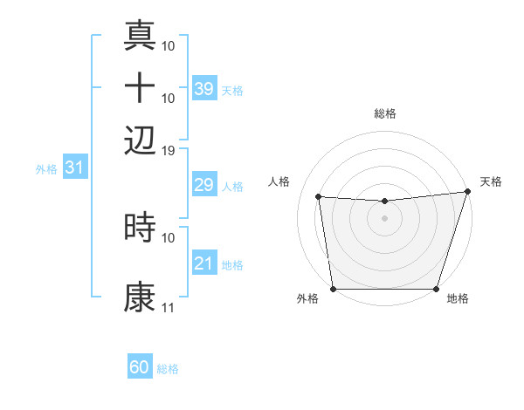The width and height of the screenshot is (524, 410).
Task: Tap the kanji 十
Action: click(140, 88)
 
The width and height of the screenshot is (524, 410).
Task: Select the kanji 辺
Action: click(140, 138)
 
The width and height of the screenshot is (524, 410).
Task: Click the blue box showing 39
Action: click(203, 88)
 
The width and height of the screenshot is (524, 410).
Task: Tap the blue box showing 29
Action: click(203, 185)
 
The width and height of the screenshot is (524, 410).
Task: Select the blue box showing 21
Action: click(203, 263)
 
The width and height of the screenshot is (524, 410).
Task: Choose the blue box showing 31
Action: click(73, 168)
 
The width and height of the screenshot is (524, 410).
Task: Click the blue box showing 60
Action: click(140, 367)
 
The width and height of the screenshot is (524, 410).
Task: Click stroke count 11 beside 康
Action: click(169, 308)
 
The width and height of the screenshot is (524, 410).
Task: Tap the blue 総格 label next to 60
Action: click(168, 369)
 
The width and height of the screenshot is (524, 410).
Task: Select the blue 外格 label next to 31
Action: click(46, 169)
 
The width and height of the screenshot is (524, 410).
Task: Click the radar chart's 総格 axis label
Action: click(384, 113)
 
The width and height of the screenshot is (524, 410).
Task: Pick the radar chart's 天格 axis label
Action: click(491, 181)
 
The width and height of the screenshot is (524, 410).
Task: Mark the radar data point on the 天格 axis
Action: click(467, 192)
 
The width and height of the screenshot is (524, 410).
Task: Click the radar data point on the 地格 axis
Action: click(436, 289)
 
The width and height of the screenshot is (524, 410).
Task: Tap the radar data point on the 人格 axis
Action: click(319, 197)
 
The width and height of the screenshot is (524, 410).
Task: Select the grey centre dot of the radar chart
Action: click(384, 218)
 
